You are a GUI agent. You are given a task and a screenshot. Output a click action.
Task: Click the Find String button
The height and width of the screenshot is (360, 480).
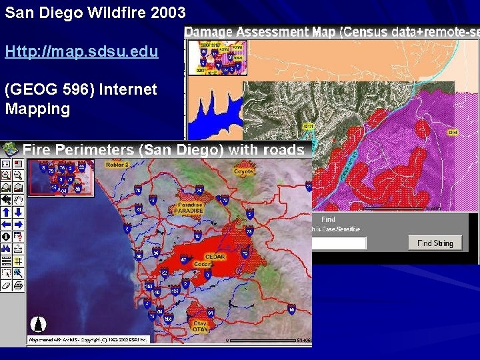[x=435, y=243]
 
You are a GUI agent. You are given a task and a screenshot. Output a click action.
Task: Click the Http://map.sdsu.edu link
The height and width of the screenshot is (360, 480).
[x=81, y=51]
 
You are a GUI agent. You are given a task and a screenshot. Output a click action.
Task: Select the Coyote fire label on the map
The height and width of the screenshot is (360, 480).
[x=243, y=171]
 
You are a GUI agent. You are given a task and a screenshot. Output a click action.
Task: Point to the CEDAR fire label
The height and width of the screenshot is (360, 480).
[x=215, y=257]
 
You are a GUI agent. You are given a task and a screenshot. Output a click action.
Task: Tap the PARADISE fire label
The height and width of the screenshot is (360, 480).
[x=189, y=210]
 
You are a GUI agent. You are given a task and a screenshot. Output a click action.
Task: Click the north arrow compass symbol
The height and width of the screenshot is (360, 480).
[x=39, y=324]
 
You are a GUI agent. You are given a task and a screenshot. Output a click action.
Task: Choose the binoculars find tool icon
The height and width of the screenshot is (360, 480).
[x=6, y=249]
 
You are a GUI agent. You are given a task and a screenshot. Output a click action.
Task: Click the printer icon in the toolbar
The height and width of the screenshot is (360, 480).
[x=18, y=285]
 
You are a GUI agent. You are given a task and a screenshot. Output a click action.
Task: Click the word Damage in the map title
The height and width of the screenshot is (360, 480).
[x=208, y=31]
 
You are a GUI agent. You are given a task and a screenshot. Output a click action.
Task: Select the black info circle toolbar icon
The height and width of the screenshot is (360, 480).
[x=6, y=237]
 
